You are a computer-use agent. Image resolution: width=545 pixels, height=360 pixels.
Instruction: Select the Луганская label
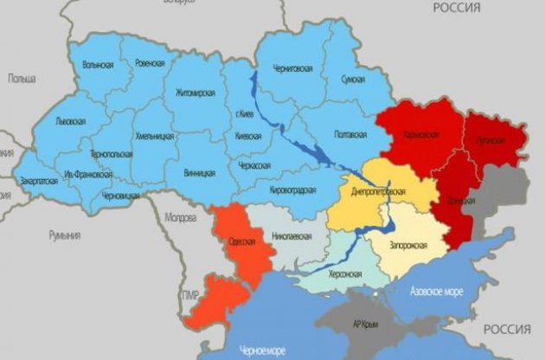click(x=490, y=138)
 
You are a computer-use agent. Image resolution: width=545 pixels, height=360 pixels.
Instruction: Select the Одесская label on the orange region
click(x=239, y=241)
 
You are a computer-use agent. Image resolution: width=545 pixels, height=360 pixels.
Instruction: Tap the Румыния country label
click(x=65, y=235)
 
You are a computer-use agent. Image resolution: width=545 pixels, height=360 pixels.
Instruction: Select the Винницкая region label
click(x=199, y=172)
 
